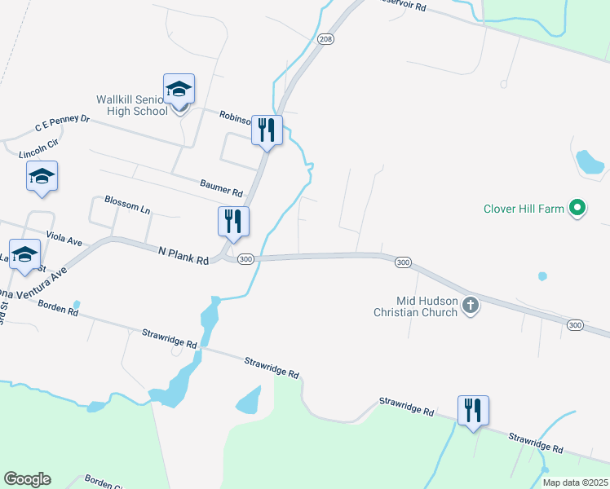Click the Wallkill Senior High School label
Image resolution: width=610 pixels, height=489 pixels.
tap(132, 104)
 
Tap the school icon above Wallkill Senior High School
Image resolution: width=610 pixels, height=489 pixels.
tap(179, 89)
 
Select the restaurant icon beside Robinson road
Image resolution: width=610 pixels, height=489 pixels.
tap(267, 130)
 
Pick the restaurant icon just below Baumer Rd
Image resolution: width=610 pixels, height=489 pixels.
tap(233, 222)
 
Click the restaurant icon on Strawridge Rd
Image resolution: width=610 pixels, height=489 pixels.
tap(473, 411)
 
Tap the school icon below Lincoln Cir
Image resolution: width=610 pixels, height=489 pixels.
tap(42, 176)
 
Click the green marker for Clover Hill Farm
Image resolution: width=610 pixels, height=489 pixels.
tap(577, 209)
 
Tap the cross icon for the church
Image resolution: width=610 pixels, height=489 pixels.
tap(470, 306)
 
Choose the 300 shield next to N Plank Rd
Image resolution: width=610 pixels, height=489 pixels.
tap(246, 258)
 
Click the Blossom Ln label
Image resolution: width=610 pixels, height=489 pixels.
tap(128, 205)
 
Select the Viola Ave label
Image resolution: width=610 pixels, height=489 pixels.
tap(64, 239)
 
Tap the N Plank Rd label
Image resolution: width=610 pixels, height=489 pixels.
tap(184, 256)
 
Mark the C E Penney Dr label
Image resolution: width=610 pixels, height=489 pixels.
tap(62, 124)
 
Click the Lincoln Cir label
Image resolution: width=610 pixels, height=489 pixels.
tap(39, 148)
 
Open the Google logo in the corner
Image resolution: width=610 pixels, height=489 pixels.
tap(27, 479)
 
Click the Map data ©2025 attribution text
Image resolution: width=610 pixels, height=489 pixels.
tap(575, 482)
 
